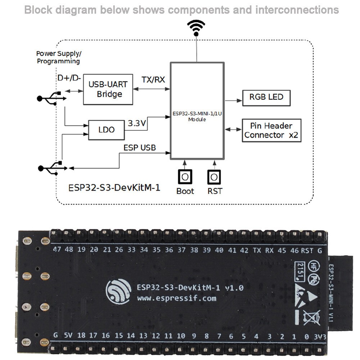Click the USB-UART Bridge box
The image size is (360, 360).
pyautogui.click(x=108, y=90)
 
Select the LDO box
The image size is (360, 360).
pyautogui.click(x=107, y=130)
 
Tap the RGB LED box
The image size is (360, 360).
pyautogui.click(x=266, y=97)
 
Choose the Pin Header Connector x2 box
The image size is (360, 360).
pyautogui.click(x=271, y=130)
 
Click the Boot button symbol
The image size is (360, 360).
pyautogui.click(x=185, y=177)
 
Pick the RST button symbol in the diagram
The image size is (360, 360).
pyautogui.click(x=214, y=177)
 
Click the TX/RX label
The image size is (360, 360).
pyautogui.click(x=153, y=80)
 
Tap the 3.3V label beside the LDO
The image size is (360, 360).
pyautogui.click(x=137, y=123)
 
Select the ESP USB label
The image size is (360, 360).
pyautogui.click(x=140, y=148)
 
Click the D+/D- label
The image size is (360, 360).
pyautogui.click(x=69, y=78)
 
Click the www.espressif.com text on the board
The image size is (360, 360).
pyautogui.click(x=176, y=298)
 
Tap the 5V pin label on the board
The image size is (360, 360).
pyautogui.click(x=68, y=336)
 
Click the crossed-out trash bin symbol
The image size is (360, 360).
pyautogui.click(x=309, y=317)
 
